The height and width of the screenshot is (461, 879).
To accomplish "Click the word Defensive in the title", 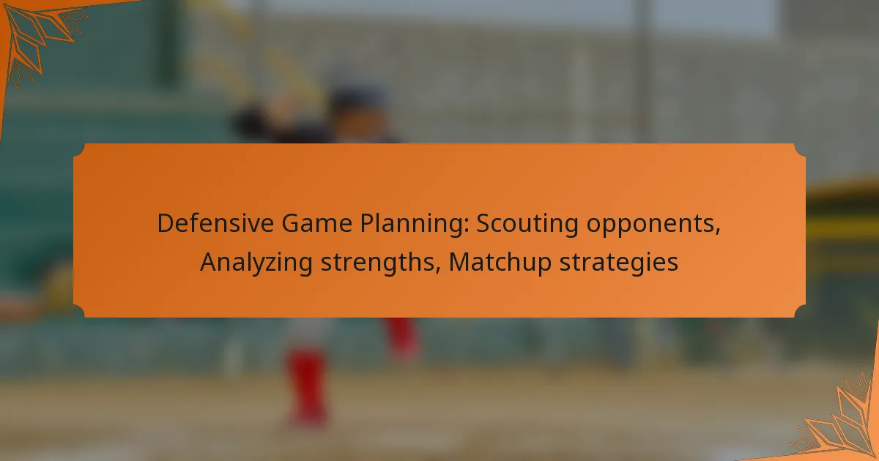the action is coord(215,223).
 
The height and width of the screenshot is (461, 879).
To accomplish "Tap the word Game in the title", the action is coord(316,223).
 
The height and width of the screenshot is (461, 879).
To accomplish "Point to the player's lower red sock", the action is coord(308,386).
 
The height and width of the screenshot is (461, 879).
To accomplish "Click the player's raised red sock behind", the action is coord(401,338).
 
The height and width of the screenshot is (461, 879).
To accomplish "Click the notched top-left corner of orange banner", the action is coord(80,150).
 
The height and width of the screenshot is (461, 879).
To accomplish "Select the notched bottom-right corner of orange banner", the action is coord(800,311).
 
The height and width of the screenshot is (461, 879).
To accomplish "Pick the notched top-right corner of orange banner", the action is coord(800,150).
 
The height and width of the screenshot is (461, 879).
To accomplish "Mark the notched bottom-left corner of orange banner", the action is coord(80,311).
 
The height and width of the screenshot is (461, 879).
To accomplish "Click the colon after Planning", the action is coord(466,227).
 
